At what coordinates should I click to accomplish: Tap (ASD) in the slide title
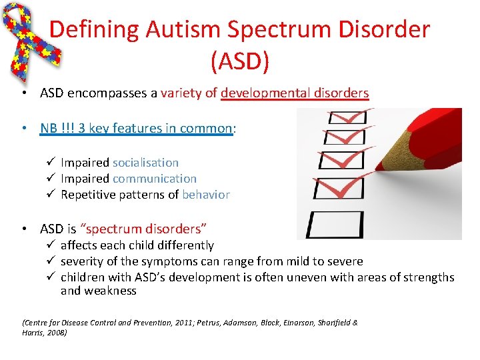pos(239,61)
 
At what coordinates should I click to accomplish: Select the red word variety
pos(182,93)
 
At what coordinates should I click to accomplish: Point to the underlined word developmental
pos(266,93)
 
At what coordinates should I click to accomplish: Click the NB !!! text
pos(57,128)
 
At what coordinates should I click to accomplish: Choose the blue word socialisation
pos(145,163)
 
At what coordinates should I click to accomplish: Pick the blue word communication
pos(155,179)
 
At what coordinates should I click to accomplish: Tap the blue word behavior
pos(205,195)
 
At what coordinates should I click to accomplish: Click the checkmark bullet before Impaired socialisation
pos(45,163)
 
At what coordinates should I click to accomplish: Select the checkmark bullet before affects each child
pos(45,245)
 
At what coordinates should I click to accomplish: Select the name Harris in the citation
pos(34,331)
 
